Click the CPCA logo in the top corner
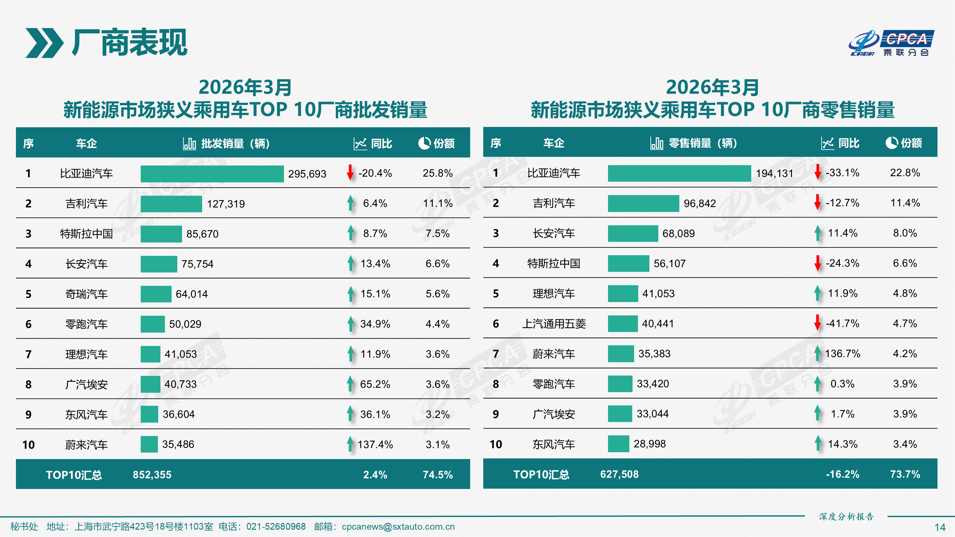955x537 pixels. point(891,43)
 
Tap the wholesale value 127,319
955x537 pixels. point(225,204)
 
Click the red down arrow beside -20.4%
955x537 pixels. point(350,173)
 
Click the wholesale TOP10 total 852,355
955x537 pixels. point(152,475)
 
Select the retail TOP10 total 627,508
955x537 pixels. point(619,474)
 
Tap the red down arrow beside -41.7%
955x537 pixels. point(817,323)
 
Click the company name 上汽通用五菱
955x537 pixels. point(554,324)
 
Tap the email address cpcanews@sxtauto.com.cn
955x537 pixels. point(398,527)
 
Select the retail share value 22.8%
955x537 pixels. point(905,173)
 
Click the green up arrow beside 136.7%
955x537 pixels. point(817,353)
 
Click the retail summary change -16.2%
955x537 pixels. point(842,474)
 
